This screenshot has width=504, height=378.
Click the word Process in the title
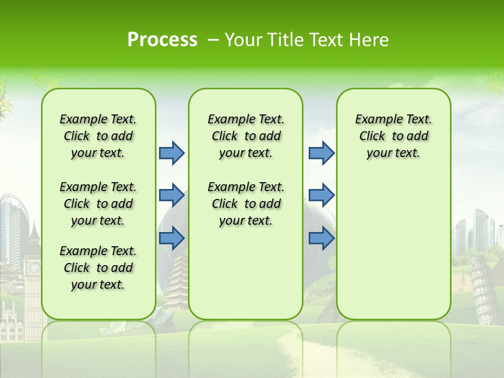click(x=162, y=39)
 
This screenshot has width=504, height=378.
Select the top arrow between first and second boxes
click(x=172, y=153)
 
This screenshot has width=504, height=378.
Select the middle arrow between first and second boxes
click(x=172, y=195)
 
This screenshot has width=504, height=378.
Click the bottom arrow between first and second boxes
click(x=172, y=238)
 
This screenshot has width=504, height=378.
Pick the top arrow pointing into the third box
click(x=321, y=153)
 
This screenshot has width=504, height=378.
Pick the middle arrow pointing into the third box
click(x=321, y=195)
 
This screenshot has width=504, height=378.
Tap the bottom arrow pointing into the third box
click(x=321, y=238)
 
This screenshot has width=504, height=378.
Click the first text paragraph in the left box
click(x=98, y=136)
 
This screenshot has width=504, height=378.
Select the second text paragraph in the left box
click(x=98, y=204)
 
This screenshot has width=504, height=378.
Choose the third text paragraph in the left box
click(x=98, y=268)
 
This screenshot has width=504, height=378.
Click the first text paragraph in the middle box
click(x=246, y=136)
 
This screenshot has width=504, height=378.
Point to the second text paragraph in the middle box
click(x=246, y=204)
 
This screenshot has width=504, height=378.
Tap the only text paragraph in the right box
click(x=393, y=136)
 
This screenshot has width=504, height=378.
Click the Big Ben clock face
click(x=35, y=268)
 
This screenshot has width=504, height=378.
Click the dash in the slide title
click(x=214, y=40)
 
